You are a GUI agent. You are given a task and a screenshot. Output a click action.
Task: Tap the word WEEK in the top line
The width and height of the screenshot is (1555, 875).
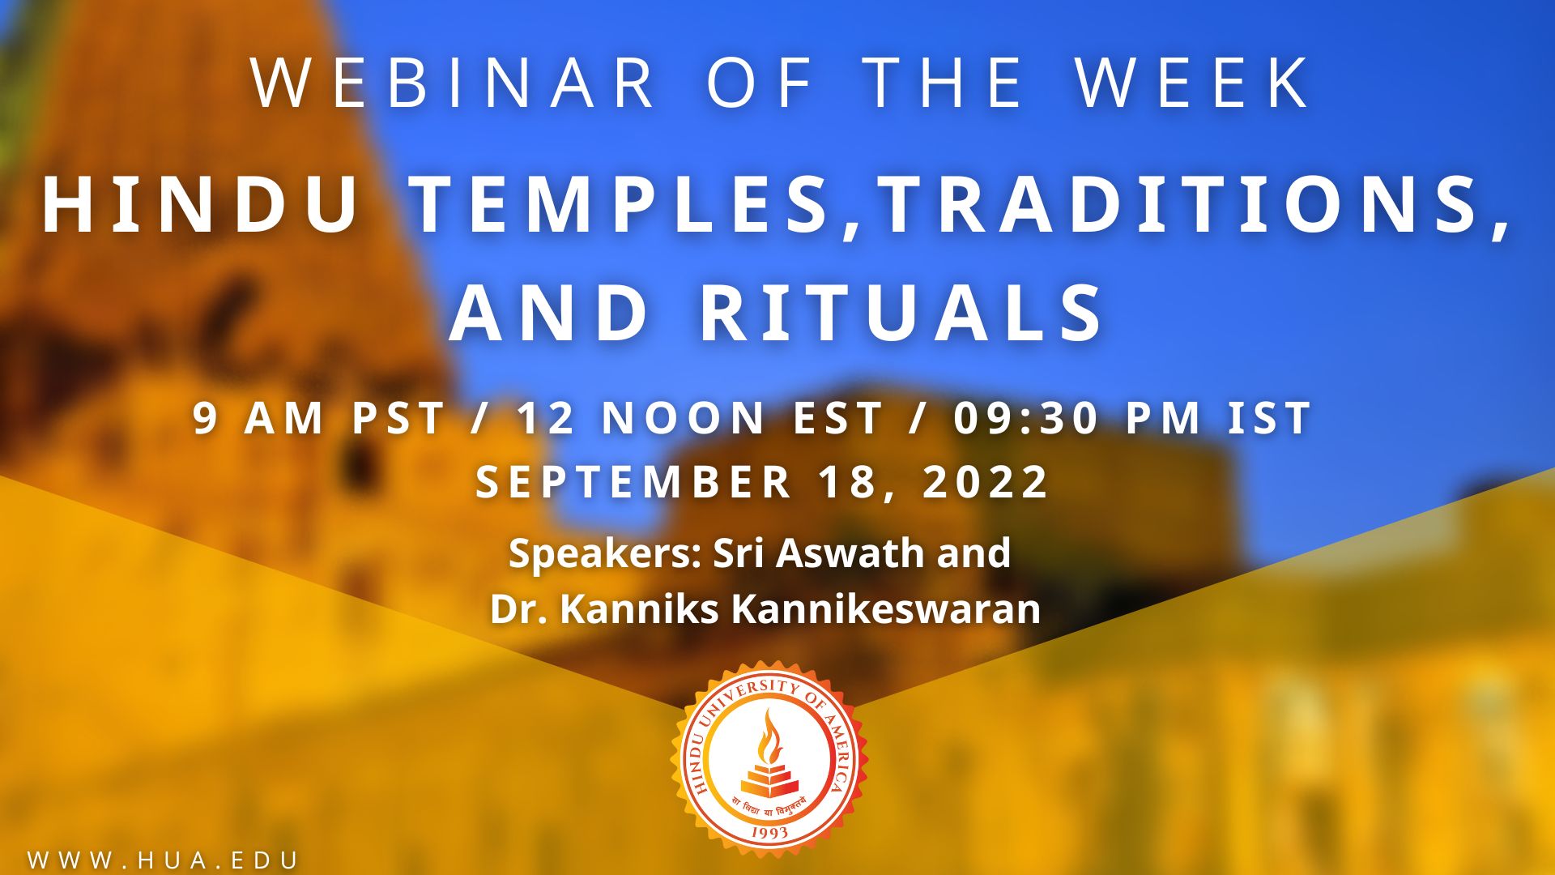click(x=1192, y=83)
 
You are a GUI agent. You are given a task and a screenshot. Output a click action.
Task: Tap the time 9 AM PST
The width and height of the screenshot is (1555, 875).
click(x=319, y=419)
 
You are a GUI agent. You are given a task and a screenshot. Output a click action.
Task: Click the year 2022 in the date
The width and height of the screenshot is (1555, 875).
click(x=986, y=482)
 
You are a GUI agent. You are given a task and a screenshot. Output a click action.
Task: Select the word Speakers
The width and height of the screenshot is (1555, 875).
click(x=604, y=554)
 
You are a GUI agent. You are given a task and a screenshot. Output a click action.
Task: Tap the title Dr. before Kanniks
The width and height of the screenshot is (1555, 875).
click(x=519, y=609)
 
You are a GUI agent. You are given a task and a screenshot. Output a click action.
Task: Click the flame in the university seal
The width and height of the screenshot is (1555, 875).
click(x=769, y=737)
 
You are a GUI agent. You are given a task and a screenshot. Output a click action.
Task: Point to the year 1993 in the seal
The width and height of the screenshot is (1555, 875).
click(x=769, y=831)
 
